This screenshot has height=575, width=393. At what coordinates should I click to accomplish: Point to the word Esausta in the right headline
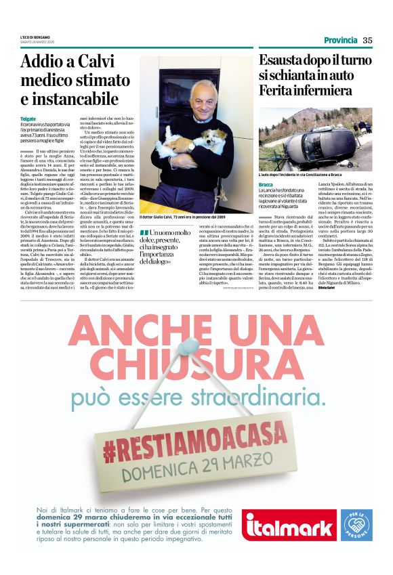click(284, 60)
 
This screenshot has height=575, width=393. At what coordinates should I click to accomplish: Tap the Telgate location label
click(28, 119)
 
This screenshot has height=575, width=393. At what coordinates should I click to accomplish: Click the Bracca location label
click(266, 184)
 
